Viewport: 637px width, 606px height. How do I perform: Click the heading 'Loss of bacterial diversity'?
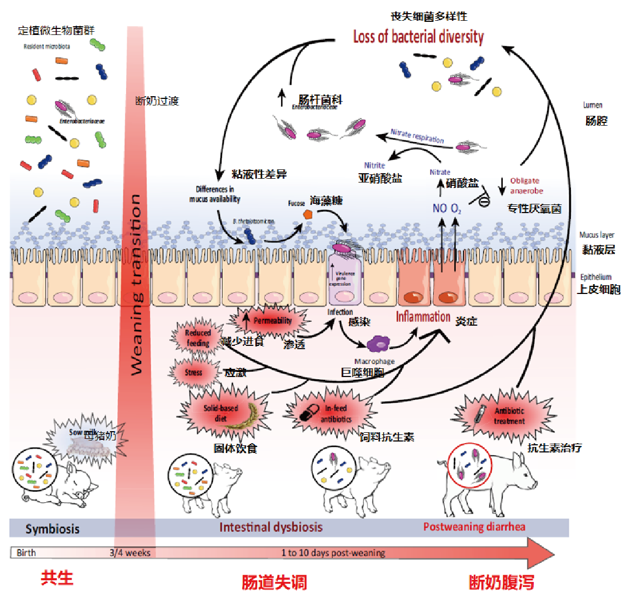tap(418, 37)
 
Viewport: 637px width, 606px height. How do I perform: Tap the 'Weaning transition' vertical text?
tap(136, 284)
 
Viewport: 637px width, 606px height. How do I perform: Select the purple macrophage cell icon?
tap(378, 344)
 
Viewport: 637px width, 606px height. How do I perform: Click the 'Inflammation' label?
tap(422, 317)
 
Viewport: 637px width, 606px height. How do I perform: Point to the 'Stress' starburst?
tap(193, 373)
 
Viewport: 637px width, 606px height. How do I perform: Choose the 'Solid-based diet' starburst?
tap(221, 413)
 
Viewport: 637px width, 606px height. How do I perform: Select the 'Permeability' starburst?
tap(271, 321)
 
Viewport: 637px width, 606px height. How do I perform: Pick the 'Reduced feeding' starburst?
tap(198, 338)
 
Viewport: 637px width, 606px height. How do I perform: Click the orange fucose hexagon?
tap(308, 214)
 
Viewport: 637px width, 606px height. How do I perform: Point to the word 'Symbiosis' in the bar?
tap(52, 529)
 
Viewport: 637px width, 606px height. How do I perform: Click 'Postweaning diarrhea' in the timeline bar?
tap(474, 527)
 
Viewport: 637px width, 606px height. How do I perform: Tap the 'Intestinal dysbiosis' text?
tap(271, 527)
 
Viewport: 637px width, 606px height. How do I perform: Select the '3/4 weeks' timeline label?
tap(130, 553)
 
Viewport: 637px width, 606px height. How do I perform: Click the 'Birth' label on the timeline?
tap(26, 553)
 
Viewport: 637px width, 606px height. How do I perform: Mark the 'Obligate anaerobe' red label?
tap(526, 186)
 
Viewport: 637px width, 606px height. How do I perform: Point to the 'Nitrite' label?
tap(374, 166)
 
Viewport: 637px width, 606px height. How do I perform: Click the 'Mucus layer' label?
tap(597, 235)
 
